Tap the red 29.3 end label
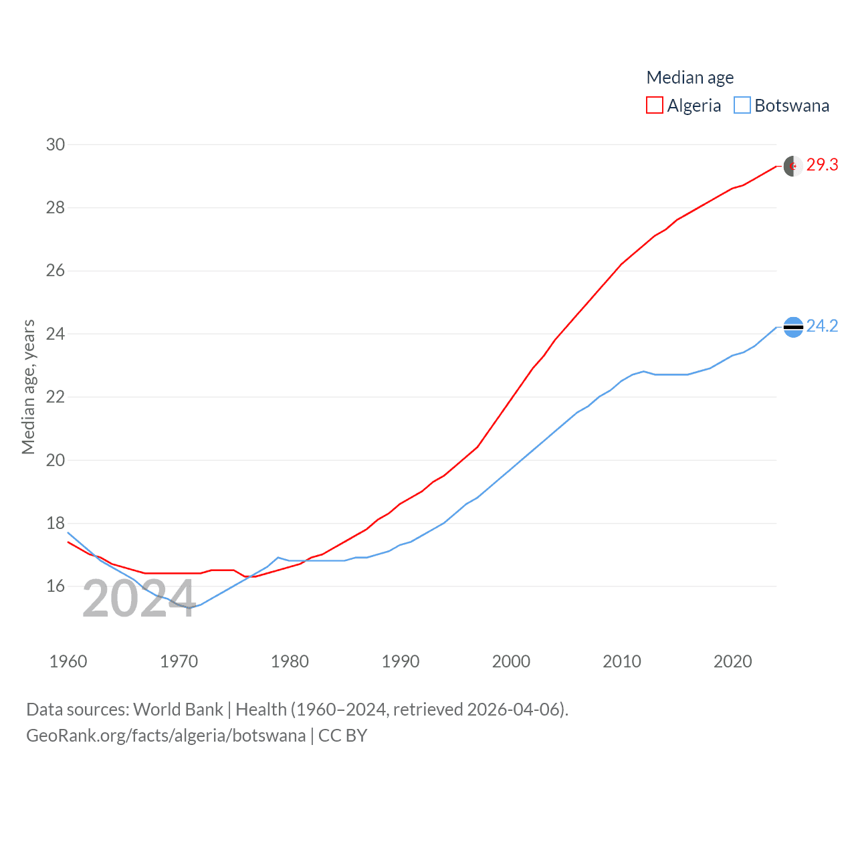[x=822, y=165]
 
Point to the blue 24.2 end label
[x=822, y=326]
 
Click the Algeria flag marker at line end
[x=793, y=166]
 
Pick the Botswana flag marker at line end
[x=793, y=327]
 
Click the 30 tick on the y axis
[x=56, y=144]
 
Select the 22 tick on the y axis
[x=56, y=397]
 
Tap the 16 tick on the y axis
[x=56, y=586]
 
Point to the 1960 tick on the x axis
[x=68, y=661]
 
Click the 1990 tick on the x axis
[x=400, y=661]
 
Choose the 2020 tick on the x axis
[x=732, y=661]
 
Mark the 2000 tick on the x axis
[x=511, y=661]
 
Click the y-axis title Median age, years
[x=28, y=387]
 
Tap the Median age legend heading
[x=689, y=78]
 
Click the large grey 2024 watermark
[x=139, y=599]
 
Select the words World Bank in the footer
[x=178, y=709]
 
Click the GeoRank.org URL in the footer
[x=166, y=736]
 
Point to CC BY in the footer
[x=342, y=736]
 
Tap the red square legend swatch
[x=654, y=106]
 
